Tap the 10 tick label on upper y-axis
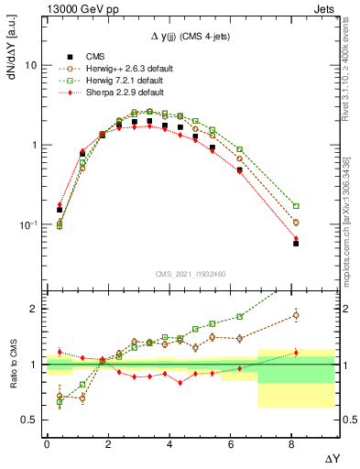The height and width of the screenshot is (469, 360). pos(31,66)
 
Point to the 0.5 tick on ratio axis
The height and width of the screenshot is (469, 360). pos(29,420)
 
